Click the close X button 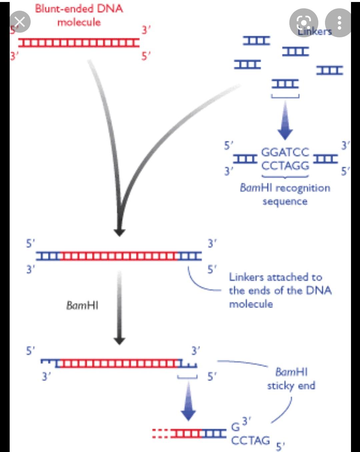20,22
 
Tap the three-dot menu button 339,23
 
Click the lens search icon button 304,23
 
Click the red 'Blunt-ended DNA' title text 79,9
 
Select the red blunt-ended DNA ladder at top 79,43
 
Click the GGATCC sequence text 285,152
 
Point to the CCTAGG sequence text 285,166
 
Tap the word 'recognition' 303,188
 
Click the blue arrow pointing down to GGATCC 285,122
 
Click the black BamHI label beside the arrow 82,305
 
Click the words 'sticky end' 291,386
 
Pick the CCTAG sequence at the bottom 250,441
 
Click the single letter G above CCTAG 235,427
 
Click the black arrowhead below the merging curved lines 119,232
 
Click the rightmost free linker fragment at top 330,70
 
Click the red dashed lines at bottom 161,433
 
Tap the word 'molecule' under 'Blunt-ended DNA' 79,22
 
